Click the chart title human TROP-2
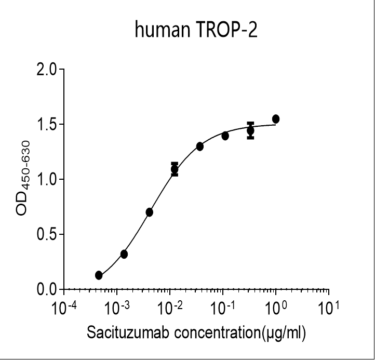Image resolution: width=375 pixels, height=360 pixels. tap(196, 31)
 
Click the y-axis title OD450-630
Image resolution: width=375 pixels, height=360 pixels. tap(26, 180)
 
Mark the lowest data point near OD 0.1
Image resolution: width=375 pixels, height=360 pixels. tap(99, 275)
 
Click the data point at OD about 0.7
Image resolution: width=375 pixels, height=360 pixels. tap(150, 212)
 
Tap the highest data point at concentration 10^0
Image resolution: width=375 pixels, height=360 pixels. tap(276, 119)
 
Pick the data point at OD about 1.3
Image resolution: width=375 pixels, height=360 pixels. tap(200, 146)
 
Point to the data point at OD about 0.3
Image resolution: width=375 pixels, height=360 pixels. tap(124, 254)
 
